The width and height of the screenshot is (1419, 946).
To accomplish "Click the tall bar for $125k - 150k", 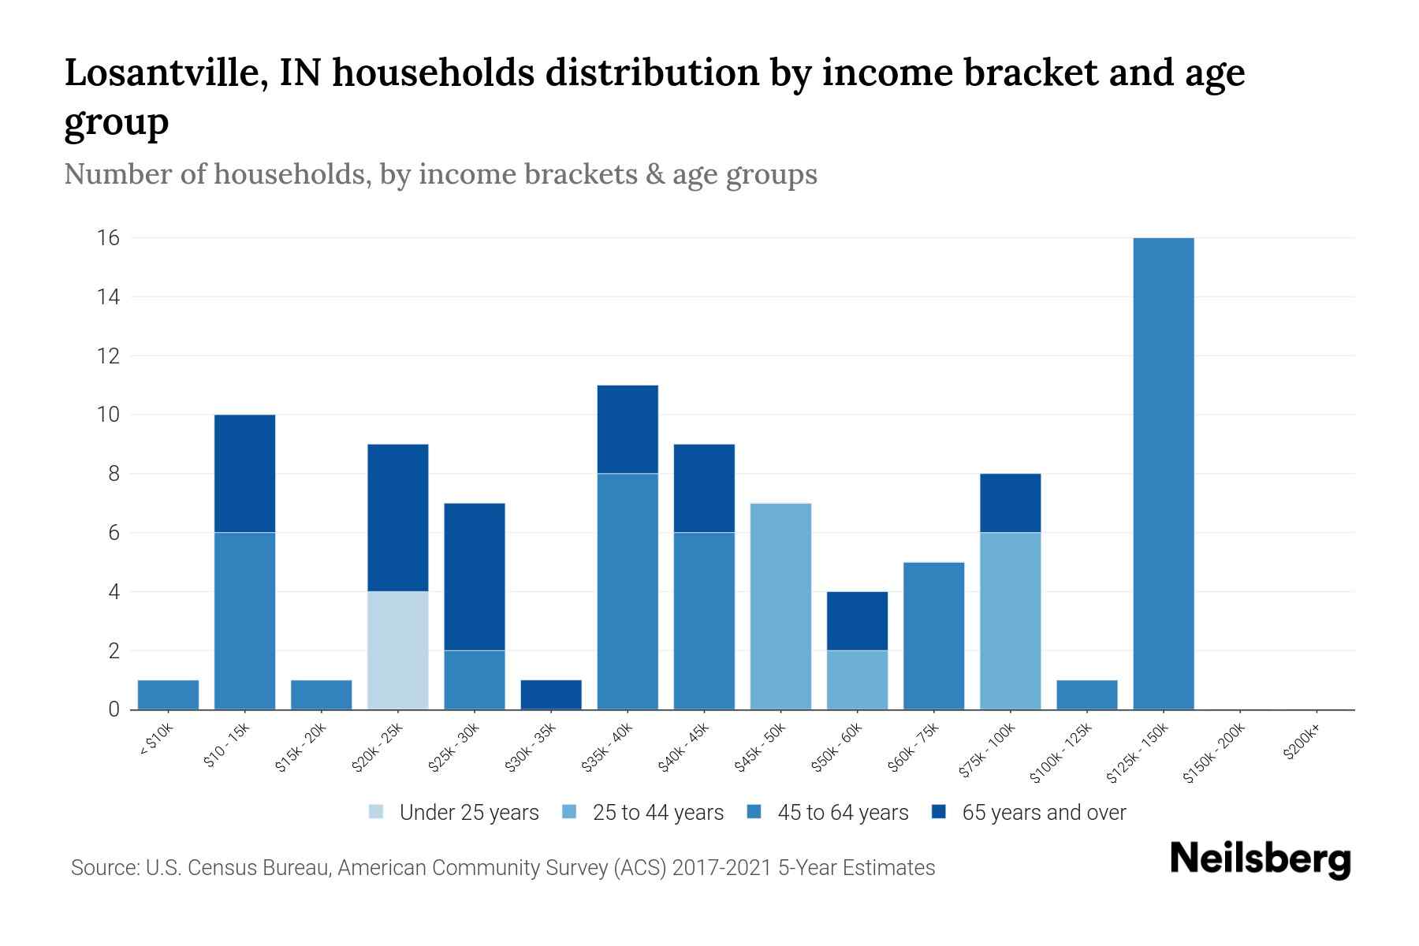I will [1163, 473].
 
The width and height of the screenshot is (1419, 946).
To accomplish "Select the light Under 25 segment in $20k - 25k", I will [398, 650].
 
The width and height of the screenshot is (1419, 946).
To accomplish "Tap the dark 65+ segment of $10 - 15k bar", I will [244, 473].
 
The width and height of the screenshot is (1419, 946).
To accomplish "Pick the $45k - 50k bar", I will [780, 606].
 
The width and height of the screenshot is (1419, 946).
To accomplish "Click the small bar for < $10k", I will [168, 695].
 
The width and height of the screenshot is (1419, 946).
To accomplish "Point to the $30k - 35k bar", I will [551, 695].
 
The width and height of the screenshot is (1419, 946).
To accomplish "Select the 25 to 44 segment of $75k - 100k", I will [1010, 621].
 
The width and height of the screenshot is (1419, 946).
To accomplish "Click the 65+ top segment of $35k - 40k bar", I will [628, 429].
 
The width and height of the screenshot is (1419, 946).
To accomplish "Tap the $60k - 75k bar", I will [933, 635].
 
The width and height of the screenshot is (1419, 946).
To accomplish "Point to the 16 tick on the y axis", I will [109, 238].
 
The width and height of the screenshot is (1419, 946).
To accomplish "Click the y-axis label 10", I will [109, 415].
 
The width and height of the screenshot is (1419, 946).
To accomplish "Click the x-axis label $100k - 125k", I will [1061, 753].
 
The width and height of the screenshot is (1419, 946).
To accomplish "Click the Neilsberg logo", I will [1260, 859].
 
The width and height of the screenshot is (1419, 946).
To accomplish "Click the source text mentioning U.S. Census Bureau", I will [503, 868].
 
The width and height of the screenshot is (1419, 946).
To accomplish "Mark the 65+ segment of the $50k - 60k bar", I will [857, 620].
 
